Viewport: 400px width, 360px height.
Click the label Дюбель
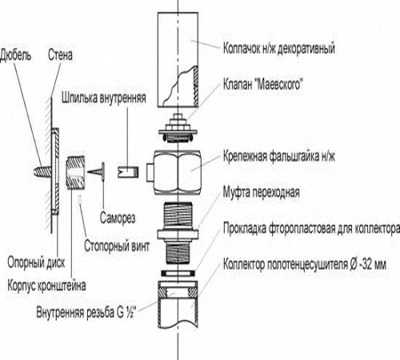point(15,55)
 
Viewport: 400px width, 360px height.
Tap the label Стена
point(60,55)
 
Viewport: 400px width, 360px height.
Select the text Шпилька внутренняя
point(104,98)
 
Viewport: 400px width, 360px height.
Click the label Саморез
point(118,218)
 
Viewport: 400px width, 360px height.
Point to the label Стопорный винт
point(117,246)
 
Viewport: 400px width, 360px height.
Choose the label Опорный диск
point(36,262)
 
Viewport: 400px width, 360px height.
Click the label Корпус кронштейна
point(46,286)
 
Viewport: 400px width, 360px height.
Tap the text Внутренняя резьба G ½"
point(86,312)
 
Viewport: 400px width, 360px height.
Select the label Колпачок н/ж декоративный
point(279,49)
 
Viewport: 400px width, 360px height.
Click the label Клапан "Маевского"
point(263,85)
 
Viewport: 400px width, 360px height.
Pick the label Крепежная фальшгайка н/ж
point(279,156)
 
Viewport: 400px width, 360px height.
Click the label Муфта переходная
point(262,192)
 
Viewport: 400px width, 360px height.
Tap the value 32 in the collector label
point(366,265)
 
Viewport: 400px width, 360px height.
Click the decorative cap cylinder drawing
point(178,60)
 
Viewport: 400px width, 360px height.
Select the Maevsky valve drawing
point(178,128)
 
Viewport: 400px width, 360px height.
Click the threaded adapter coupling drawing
point(178,233)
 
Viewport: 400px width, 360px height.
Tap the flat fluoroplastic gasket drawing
point(178,273)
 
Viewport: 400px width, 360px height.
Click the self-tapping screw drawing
point(97,171)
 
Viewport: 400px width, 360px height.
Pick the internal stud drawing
point(128,172)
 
